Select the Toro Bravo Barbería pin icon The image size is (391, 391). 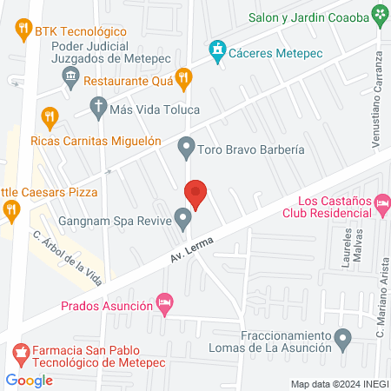tap(185, 149)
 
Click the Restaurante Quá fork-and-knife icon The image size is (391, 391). tap(182, 78)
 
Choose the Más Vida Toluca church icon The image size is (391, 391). tap(97, 110)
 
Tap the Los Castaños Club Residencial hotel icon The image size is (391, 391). tap(382, 205)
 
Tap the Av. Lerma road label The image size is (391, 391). tap(190, 252)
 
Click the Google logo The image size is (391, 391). tap(30, 380)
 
